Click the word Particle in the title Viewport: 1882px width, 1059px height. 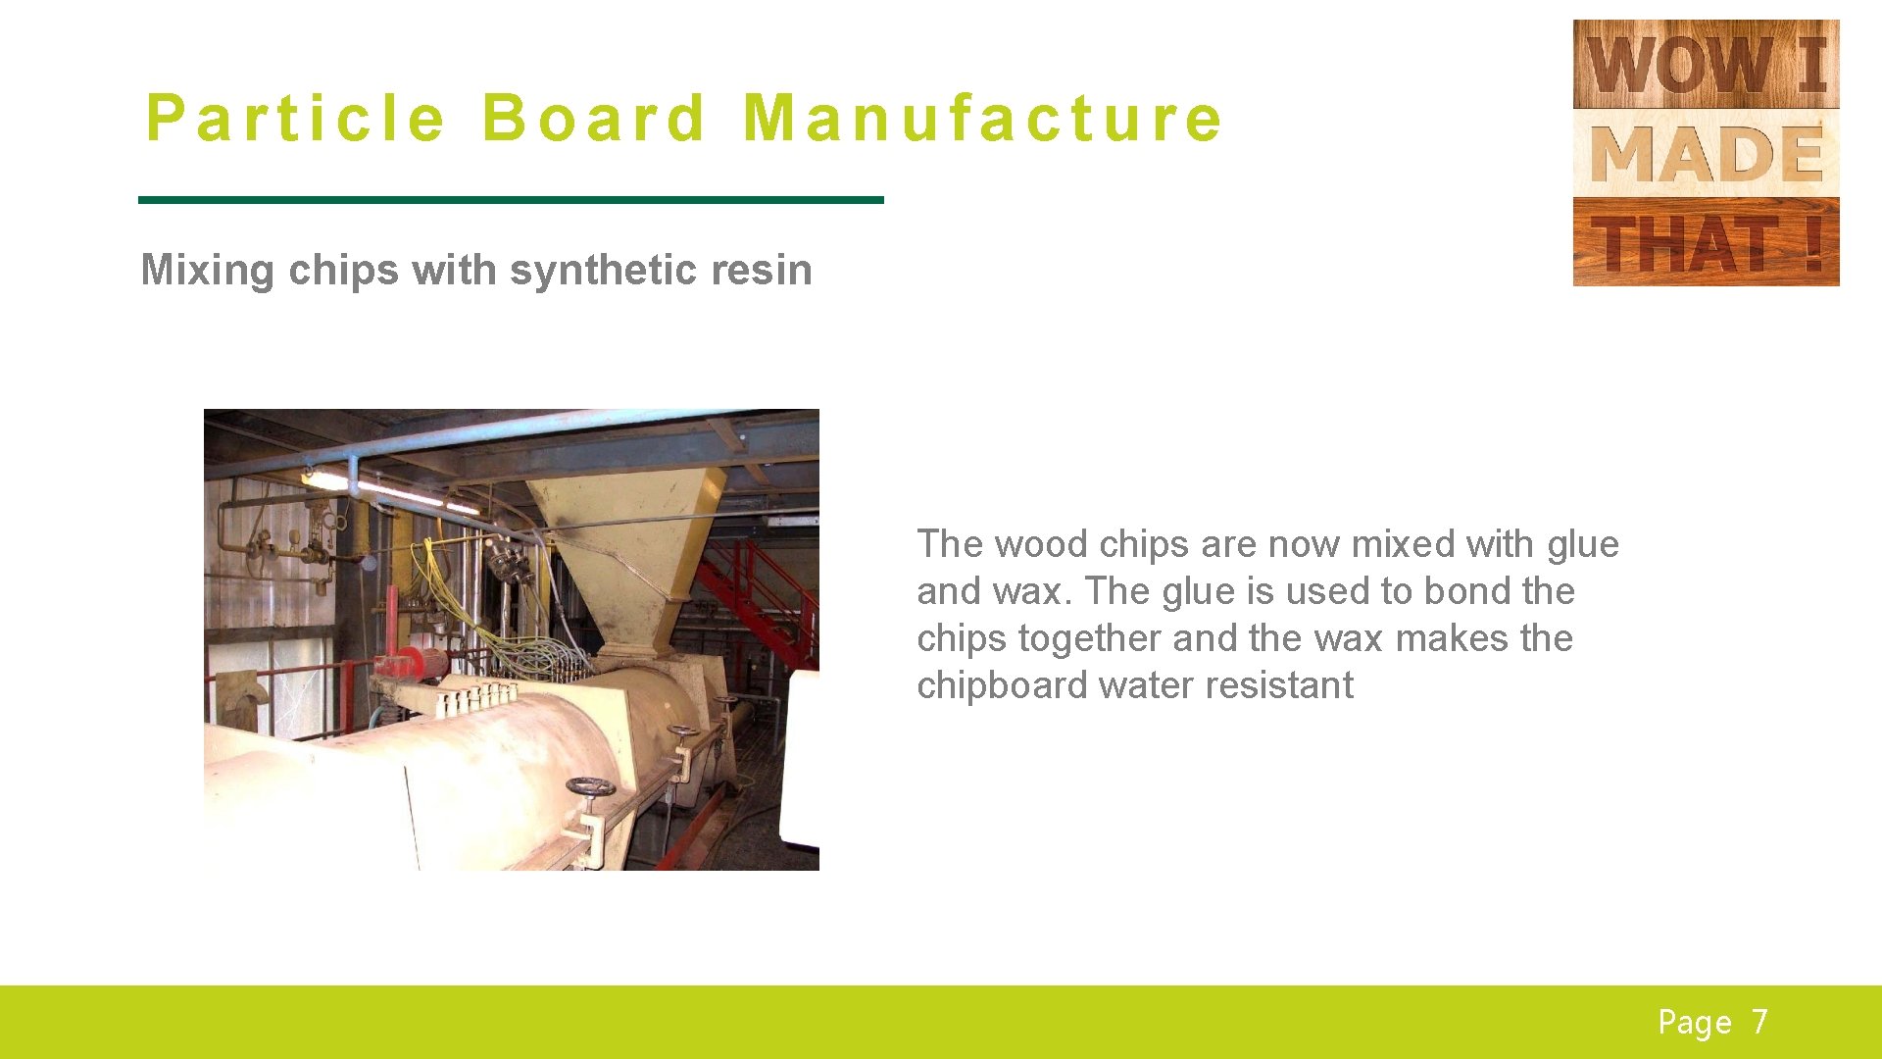(295, 119)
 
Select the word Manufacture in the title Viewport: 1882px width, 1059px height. (982, 119)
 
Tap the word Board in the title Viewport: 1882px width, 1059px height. (593, 119)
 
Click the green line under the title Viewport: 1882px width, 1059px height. (511, 200)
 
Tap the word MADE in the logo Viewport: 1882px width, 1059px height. (1706, 154)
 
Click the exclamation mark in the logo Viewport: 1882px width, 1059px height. (1812, 243)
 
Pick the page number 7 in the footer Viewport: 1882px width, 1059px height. (1760, 1022)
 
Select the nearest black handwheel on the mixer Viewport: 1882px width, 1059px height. (590, 787)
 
